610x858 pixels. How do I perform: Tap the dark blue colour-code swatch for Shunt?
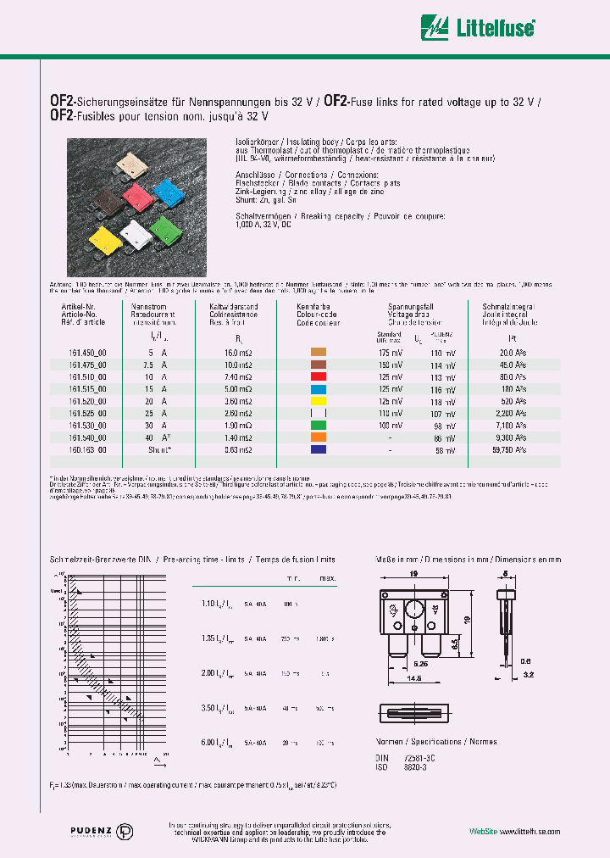point(319,449)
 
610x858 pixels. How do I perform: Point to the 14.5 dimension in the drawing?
point(413,679)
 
